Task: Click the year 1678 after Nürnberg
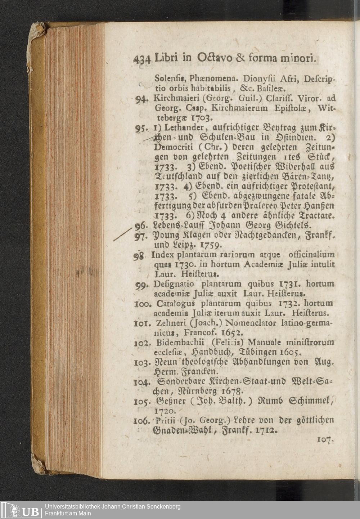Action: [x=233, y=390]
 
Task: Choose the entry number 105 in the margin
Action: [x=143, y=400]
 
